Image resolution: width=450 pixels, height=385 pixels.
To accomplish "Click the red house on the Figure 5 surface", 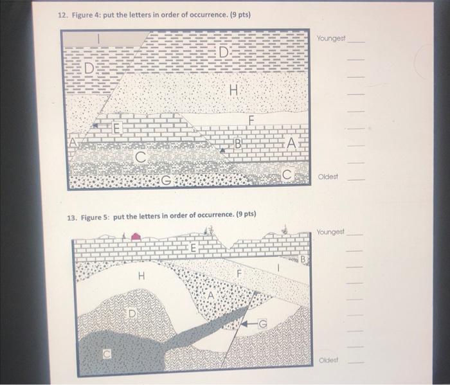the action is pyautogui.click(x=136, y=237).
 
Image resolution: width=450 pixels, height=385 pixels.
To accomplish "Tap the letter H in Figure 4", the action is pyautogui.click(x=234, y=91).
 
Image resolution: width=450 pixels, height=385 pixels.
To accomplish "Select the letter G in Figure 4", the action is pyautogui.click(x=166, y=180).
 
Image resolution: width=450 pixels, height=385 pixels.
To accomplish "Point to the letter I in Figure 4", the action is pyautogui.click(x=98, y=39).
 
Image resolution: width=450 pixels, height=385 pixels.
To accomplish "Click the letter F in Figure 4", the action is pyautogui.click(x=251, y=120).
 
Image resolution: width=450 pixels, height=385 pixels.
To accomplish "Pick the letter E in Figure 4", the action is pyautogui.click(x=116, y=128).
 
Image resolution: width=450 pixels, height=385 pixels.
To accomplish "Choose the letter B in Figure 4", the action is pyautogui.click(x=238, y=143).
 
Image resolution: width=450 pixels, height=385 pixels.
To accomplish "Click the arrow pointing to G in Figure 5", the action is pyautogui.click(x=249, y=324).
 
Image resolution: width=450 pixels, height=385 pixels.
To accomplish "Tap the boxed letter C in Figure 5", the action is pyautogui.click(x=107, y=354).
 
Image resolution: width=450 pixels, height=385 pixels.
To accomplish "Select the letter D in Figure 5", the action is pyautogui.click(x=131, y=314).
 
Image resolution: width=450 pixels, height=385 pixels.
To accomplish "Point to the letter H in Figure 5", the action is pyautogui.click(x=141, y=276).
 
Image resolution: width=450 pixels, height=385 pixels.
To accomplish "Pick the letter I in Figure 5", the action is pyautogui.click(x=278, y=267).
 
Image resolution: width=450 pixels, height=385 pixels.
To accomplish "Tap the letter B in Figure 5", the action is pyautogui.click(x=303, y=259).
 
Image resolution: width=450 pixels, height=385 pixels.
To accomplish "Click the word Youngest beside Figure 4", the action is pyautogui.click(x=331, y=38).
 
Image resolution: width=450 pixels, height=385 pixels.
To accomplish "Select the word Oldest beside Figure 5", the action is pyautogui.click(x=328, y=359).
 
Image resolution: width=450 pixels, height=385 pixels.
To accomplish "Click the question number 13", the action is pyautogui.click(x=72, y=218).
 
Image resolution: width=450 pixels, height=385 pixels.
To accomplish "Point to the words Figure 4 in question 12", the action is pyautogui.click(x=85, y=15).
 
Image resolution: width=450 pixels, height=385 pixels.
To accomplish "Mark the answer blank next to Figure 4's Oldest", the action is pyautogui.click(x=356, y=180).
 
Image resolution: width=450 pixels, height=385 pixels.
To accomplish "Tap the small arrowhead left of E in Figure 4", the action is pyautogui.click(x=95, y=125).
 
